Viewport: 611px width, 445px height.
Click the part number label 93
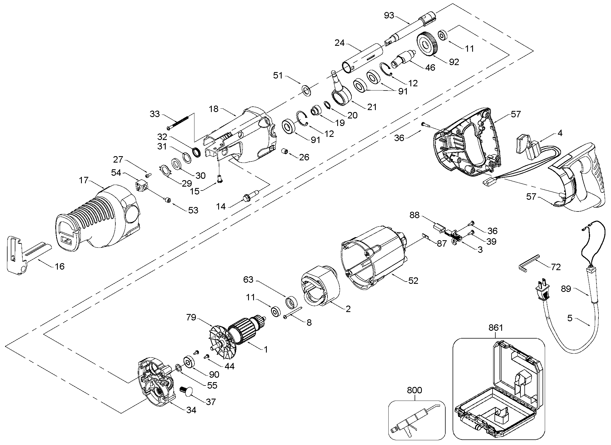click(x=389, y=15)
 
